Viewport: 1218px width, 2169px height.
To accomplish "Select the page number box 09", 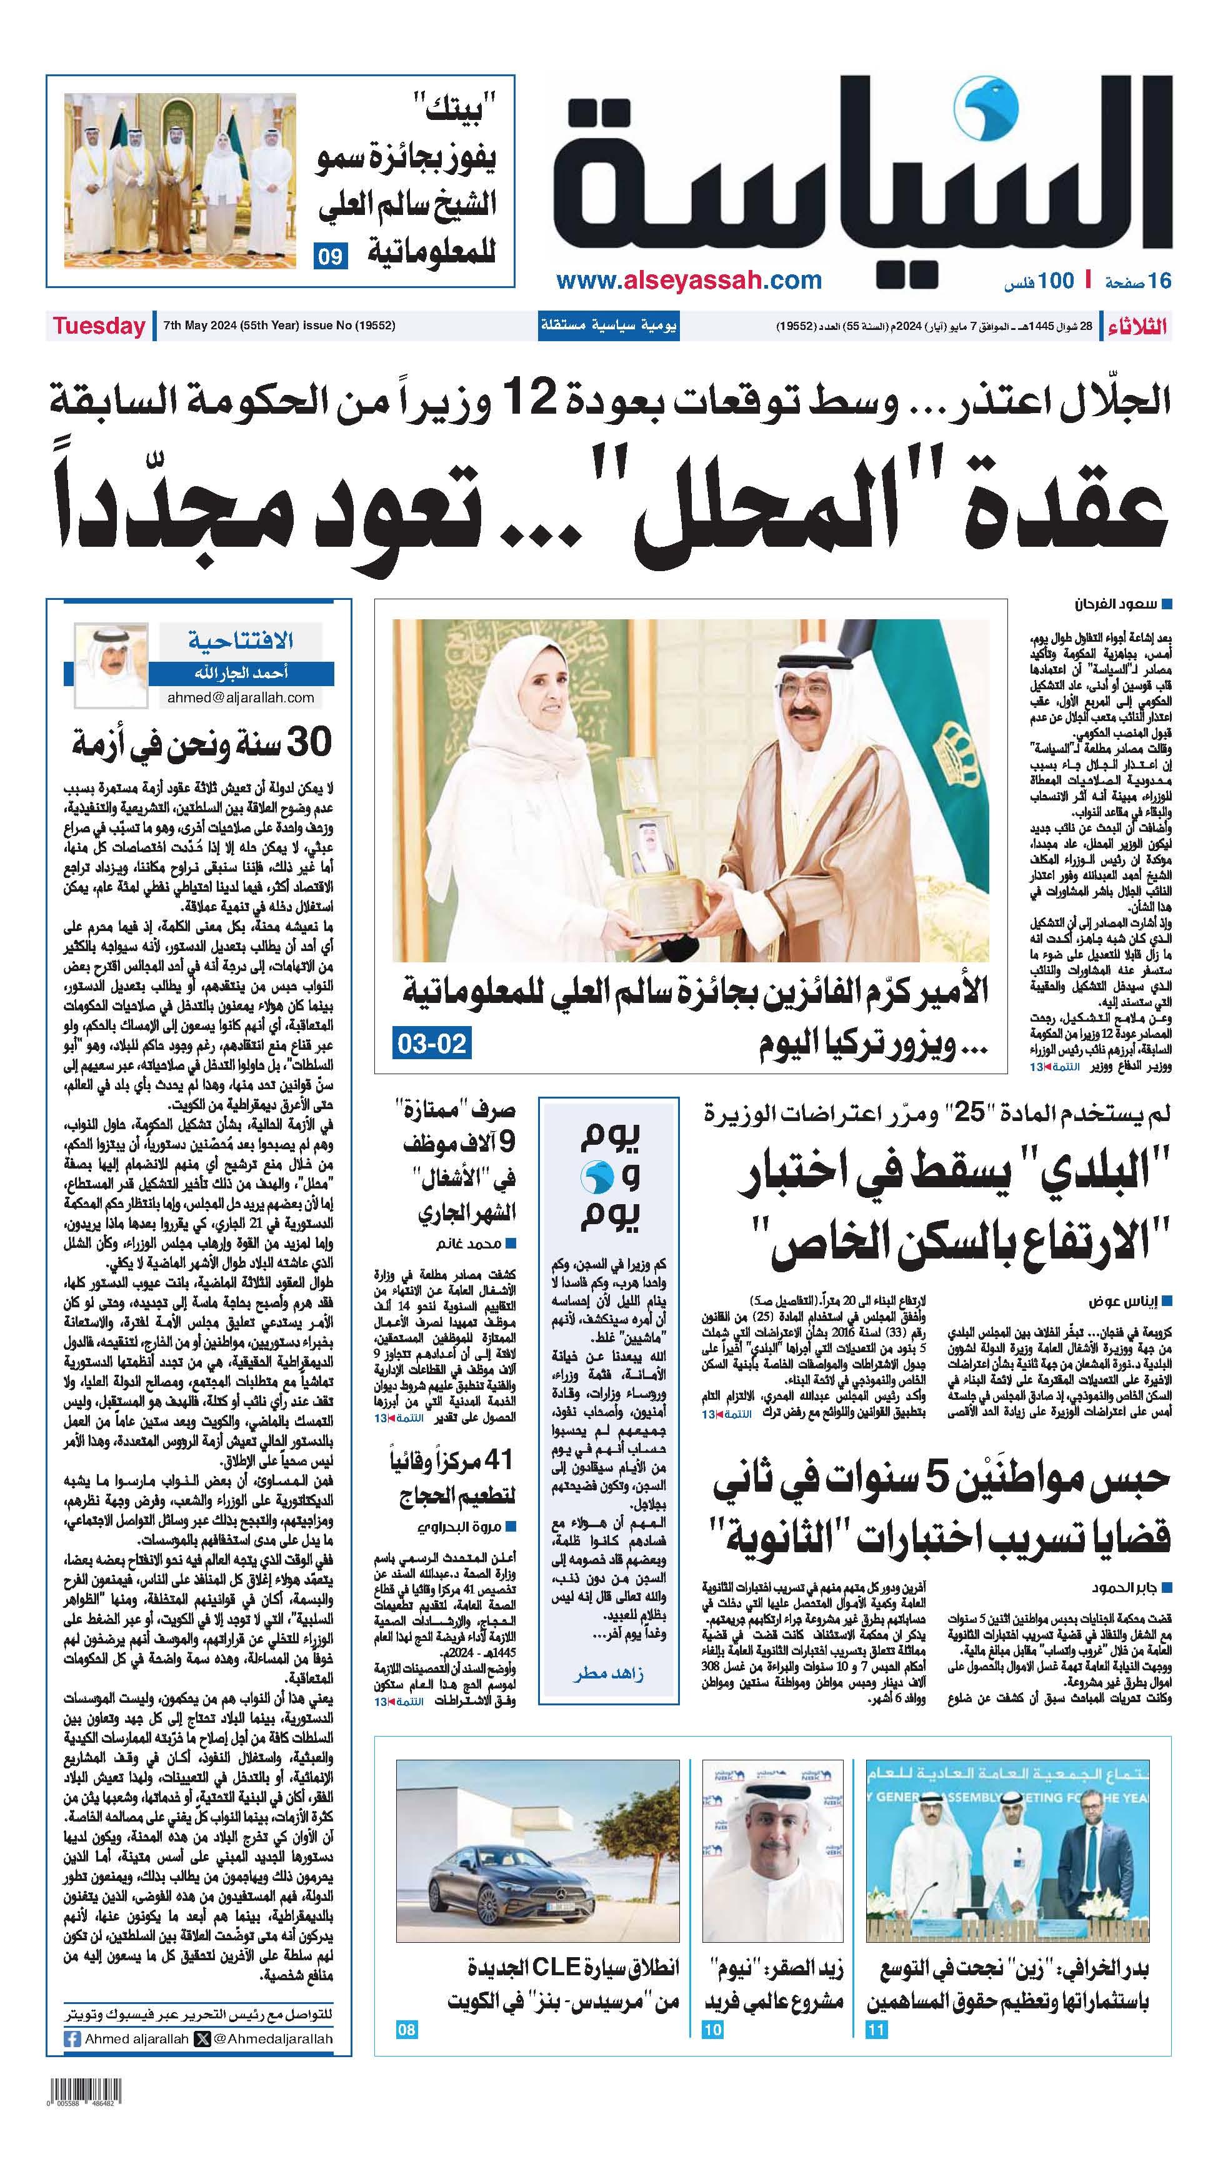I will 330,256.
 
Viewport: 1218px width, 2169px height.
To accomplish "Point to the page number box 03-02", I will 431,1043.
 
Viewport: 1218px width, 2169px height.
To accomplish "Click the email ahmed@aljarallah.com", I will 241,697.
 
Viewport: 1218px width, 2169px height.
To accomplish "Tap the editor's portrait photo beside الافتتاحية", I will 111,665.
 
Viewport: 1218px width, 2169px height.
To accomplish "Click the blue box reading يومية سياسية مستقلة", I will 608,326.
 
